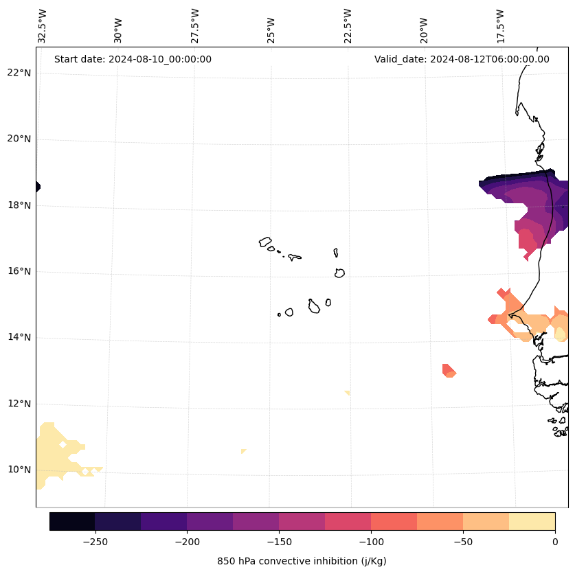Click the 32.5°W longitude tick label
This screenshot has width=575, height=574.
[x=43, y=25]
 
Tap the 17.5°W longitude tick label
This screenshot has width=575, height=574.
[x=500, y=25]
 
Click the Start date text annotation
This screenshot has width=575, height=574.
[x=133, y=59]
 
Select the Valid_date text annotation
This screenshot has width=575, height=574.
[x=462, y=59]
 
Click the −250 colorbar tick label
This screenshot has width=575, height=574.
[x=95, y=542]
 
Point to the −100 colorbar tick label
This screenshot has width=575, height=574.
[x=371, y=542]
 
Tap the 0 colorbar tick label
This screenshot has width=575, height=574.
[x=554, y=542]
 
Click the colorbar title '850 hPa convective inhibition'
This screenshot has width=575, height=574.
[x=302, y=561]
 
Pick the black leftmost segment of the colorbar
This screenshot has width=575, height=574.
[x=72, y=521]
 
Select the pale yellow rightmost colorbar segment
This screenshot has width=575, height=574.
[x=532, y=521]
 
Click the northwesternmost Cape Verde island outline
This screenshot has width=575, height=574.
[x=265, y=242]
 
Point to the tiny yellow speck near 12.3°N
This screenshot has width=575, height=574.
[x=348, y=393]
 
